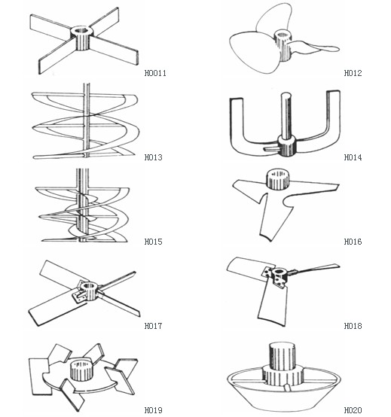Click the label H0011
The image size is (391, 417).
click(x=155, y=73)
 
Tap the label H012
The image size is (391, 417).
click(x=353, y=73)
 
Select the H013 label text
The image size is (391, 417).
click(x=154, y=157)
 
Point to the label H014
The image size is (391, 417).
click(x=353, y=157)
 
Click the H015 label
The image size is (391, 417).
click(x=154, y=242)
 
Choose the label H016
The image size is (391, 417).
click(x=353, y=242)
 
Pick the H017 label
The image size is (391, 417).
click(x=154, y=326)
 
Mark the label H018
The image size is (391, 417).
click(x=353, y=326)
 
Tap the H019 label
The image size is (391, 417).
click(x=154, y=410)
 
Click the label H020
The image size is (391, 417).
click(x=353, y=410)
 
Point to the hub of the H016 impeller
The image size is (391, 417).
click(x=278, y=179)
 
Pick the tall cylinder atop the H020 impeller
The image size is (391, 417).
click(x=283, y=356)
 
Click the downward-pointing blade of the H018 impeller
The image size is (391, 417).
click(x=273, y=306)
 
